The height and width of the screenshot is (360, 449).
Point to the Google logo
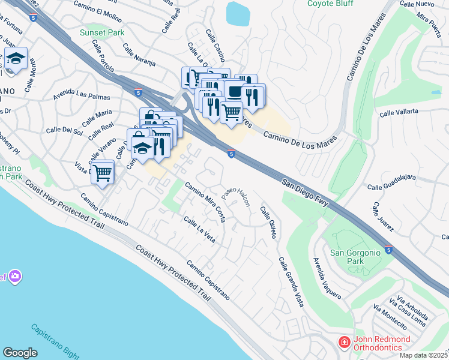pyautogui.click(x=20, y=352)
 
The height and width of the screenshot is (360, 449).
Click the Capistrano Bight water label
pyautogui.click(x=53, y=339)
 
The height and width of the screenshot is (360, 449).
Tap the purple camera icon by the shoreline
pyautogui.click(x=14, y=276)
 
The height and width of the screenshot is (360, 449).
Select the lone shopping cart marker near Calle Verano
pyautogui.click(x=103, y=172)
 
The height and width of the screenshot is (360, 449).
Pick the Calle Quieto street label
pyautogui.click(x=268, y=223)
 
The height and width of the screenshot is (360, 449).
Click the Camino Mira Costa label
pyautogui.click(x=205, y=202)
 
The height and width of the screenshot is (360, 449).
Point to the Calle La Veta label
pyautogui.click(x=199, y=230)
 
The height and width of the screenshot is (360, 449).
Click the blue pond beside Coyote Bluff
pyautogui.click(x=238, y=13)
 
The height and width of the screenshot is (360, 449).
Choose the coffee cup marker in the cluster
pyautogui.click(x=234, y=91)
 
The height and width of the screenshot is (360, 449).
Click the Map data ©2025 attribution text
pyautogui.click(x=423, y=355)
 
